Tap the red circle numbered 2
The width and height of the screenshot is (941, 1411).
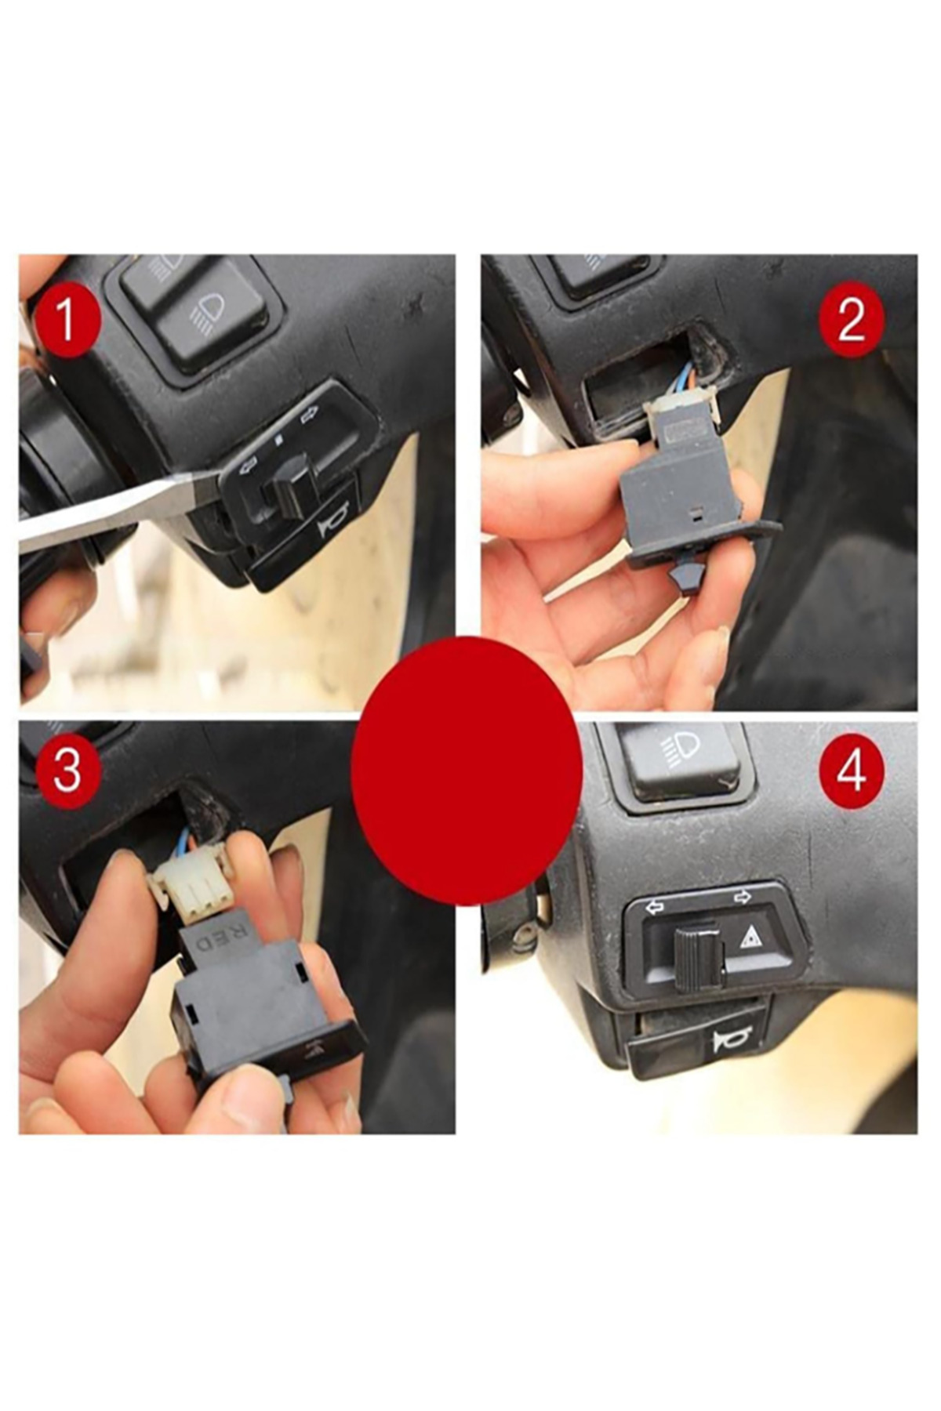(852, 321)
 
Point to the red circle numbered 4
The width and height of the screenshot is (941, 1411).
(852, 771)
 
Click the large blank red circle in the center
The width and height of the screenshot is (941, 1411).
(467, 771)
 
